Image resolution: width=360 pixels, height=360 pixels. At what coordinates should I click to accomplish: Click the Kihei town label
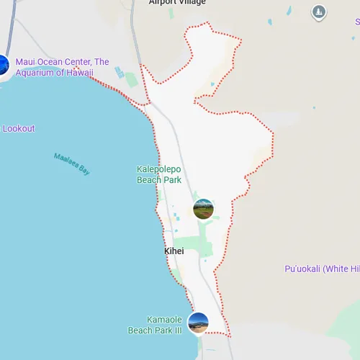174,251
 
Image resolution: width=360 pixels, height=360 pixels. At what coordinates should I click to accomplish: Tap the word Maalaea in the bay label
66,160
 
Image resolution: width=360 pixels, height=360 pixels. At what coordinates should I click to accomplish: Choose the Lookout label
19,129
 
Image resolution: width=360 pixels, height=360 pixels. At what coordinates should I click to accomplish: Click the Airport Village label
177,3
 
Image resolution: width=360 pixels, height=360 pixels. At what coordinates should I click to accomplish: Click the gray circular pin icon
319,12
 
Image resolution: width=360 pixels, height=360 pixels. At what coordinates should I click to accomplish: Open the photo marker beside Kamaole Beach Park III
198,323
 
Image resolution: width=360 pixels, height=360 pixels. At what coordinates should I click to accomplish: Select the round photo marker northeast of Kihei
204,209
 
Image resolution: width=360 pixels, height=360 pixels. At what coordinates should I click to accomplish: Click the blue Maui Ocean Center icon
2,66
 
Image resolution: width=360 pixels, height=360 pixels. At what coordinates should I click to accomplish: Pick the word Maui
25,62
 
